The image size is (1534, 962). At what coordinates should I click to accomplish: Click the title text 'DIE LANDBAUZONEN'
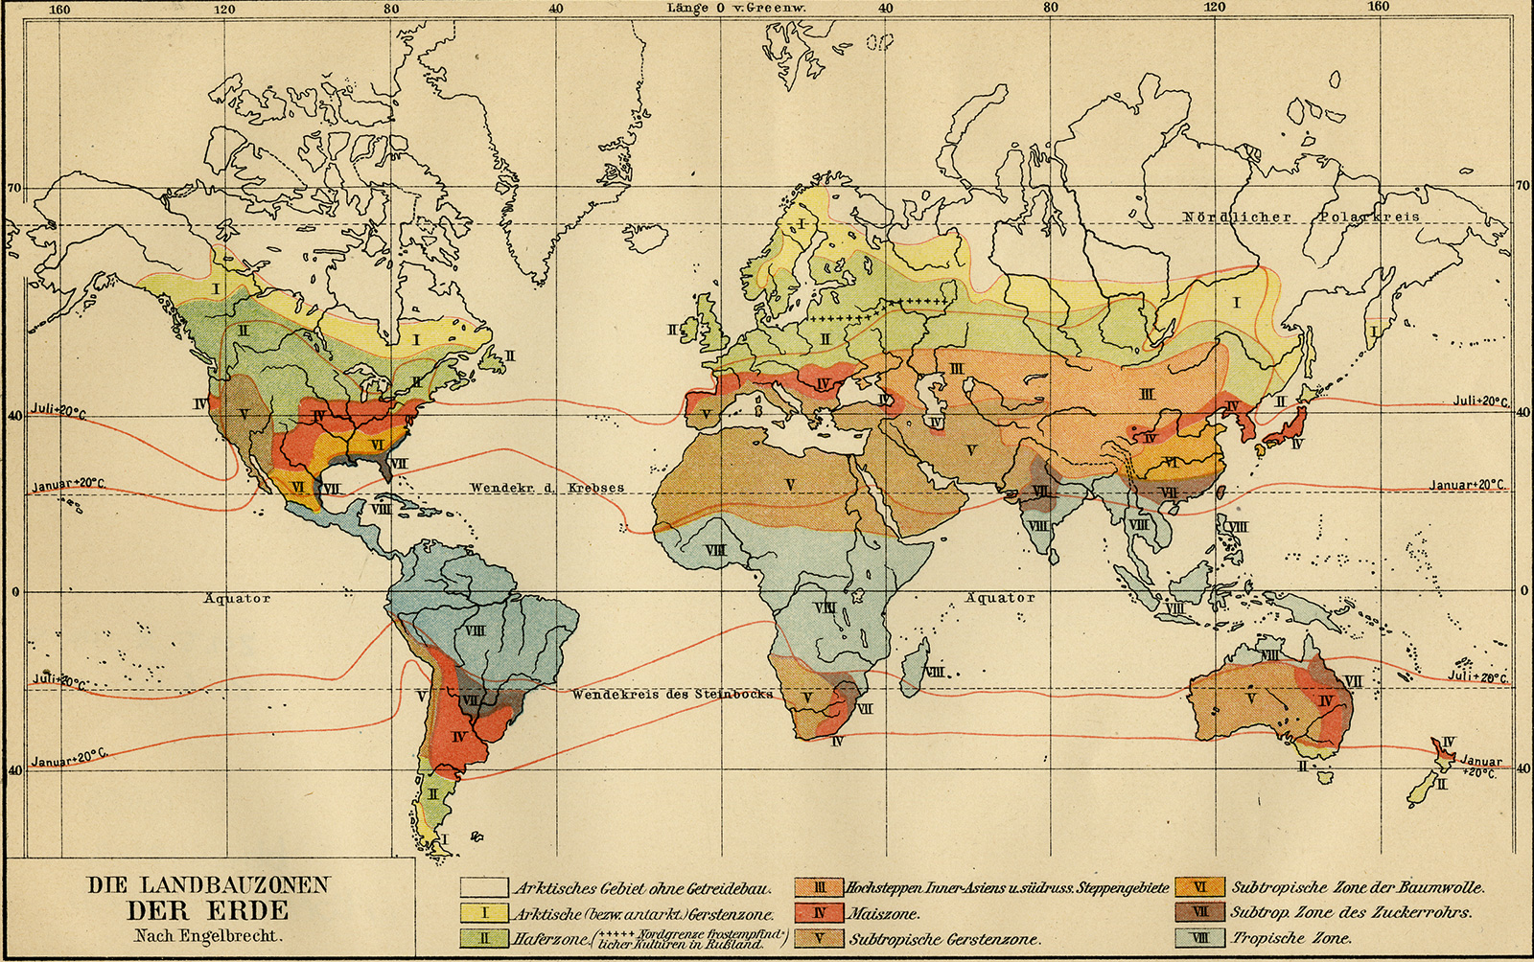tap(208, 884)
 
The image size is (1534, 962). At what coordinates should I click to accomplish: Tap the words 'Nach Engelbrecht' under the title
tap(208, 936)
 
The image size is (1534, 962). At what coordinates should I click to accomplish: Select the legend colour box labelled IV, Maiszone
tap(819, 913)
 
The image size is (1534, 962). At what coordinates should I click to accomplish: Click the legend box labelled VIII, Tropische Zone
tap(1200, 938)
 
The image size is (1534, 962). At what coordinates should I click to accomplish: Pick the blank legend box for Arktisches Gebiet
tap(483, 888)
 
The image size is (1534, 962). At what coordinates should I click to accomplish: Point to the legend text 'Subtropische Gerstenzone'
tap(944, 939)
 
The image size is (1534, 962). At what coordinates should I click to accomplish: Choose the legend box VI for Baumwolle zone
tap(1200, 888)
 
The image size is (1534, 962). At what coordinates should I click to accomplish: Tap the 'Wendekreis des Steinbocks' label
tap(672, 694)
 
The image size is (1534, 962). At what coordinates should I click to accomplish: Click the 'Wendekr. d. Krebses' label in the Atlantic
tap(546, 488)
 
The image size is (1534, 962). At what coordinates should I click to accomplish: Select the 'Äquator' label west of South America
tap(237, 598)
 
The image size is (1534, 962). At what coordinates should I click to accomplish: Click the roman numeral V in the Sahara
tap(790, 485)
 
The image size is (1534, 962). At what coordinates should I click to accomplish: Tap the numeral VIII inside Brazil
tap(475, 630)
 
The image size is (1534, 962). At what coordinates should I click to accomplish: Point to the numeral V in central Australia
tap(1250, 699)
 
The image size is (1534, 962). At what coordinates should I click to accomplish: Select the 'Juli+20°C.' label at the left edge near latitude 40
tap(58, 410)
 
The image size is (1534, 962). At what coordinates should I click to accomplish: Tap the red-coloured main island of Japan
tap(1282, 428)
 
